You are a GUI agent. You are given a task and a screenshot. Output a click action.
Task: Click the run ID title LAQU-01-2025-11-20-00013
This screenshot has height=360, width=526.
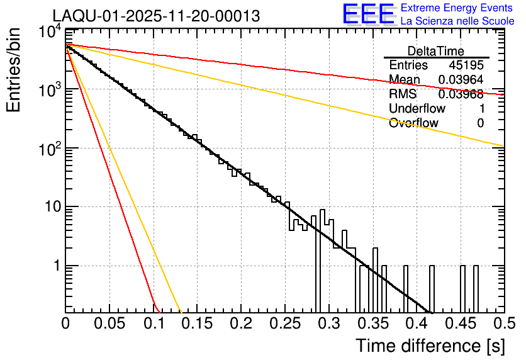point(156,16)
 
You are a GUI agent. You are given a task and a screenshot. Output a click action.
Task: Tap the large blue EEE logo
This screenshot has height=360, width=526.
point(367,15)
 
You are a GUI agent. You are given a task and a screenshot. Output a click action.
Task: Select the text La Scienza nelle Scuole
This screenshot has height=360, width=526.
point(457,21)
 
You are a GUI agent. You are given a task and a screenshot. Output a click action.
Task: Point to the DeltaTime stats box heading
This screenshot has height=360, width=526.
point(436,51)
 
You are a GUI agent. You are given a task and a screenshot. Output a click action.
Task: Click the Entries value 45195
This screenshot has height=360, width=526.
point(466,65)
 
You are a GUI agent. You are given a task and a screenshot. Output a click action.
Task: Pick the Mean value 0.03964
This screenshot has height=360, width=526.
point(461,80)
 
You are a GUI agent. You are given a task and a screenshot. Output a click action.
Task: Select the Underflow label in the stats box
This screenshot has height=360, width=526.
point(417,109)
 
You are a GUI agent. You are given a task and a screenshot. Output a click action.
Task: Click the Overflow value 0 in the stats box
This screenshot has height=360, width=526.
point(480,123)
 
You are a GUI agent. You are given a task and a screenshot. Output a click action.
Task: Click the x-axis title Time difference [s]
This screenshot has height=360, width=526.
point(428,346)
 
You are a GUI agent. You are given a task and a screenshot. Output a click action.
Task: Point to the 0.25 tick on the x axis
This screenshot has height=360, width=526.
point(284,323)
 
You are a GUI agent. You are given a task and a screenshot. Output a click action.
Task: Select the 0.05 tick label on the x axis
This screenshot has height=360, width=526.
point(109,323)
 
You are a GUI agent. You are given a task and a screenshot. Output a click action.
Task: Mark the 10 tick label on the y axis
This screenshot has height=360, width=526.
point(50,207)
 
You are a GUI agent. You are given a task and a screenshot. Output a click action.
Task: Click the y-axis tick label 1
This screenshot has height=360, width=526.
point(55,266)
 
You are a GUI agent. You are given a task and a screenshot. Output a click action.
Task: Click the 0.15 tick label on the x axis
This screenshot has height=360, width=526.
point(197,323)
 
